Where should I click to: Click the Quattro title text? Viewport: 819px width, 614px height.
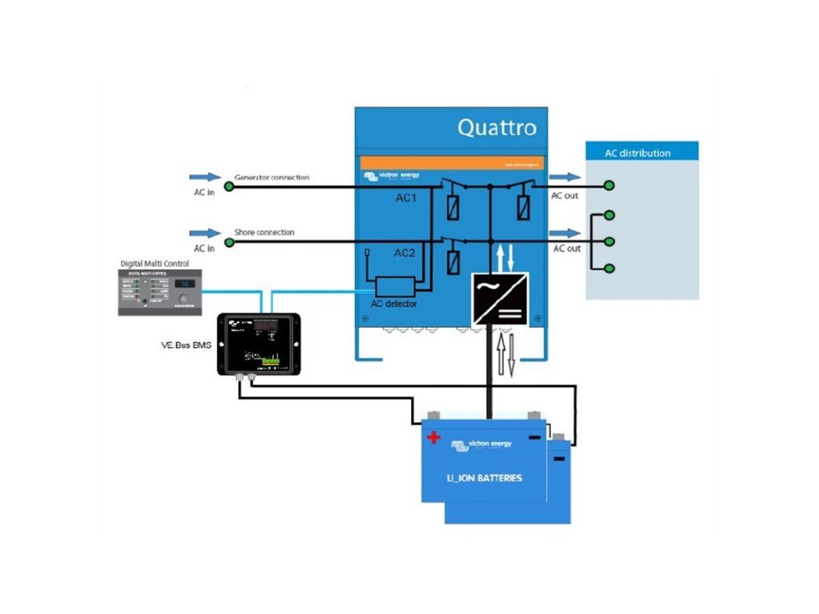tap(497, 127)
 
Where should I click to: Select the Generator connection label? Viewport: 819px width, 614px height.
tap(271, 177)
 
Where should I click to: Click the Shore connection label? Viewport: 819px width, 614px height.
tap(264, 233)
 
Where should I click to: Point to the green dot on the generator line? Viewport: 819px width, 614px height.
tap(228, 186)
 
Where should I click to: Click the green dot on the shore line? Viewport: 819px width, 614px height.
tap(228, 241)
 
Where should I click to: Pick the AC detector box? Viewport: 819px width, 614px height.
tap(394, 286)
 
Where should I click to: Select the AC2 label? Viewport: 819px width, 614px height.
tap(405, 253)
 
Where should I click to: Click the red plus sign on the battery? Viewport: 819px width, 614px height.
tap(433, 437)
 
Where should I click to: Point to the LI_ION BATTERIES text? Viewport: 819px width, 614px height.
tap(485, 478)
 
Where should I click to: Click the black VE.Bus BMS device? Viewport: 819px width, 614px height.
tap(258, 345)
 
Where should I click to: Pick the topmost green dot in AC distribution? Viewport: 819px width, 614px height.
tap(609, 186)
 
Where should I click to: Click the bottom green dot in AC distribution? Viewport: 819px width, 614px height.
tap(609, 268)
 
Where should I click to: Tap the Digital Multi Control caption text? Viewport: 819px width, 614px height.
tap(155, 263)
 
